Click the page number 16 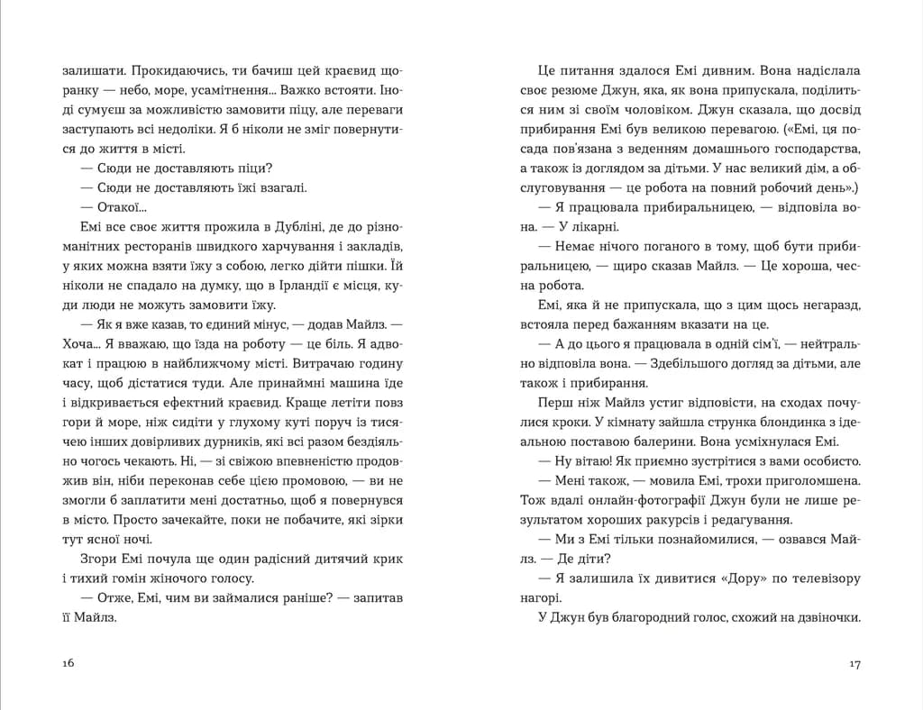click(68, 664)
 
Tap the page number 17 click(855, 664)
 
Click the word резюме click(575, 89)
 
